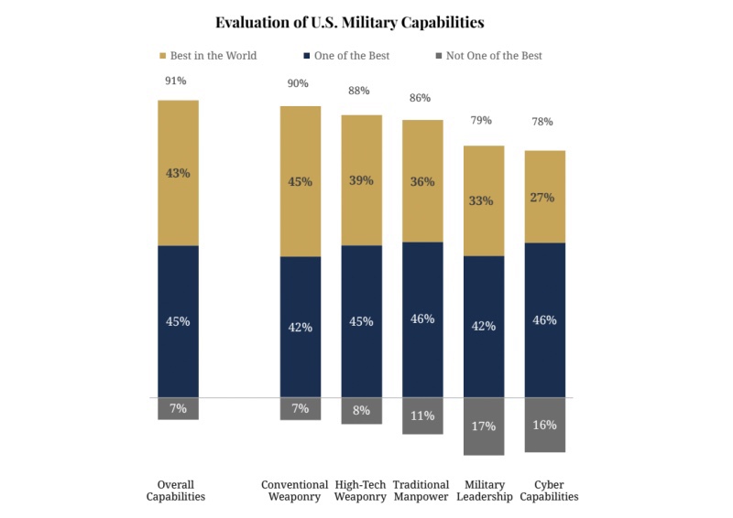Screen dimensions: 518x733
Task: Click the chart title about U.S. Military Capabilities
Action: [x=349, y=21]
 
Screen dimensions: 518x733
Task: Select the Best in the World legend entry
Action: [x=213, y=56]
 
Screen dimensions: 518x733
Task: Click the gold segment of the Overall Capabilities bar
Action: [x=178, y=172]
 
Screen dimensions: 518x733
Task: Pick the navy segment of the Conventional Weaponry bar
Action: [x=301, y=327]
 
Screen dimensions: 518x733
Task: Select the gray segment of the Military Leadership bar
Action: [x=484, y=426]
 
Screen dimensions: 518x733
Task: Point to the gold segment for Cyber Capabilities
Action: [x=544, y=197]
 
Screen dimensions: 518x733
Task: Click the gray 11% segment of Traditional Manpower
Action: [x=422, y=415]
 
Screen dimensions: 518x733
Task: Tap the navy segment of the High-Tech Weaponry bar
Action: [x=361, y=321]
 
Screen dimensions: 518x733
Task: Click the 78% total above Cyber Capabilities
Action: [x=544, y=122]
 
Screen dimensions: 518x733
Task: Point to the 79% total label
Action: [x=482, y=120]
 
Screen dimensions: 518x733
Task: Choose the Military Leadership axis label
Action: [x=484, y=491]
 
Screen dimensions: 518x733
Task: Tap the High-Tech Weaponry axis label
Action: [x=361, y=491]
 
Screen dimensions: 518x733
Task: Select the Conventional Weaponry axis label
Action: [x=295, y=491]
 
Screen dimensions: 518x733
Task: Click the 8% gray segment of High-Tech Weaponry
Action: [x=361, y=411]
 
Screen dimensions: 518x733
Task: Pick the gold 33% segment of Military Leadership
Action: [x=484, y=200]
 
